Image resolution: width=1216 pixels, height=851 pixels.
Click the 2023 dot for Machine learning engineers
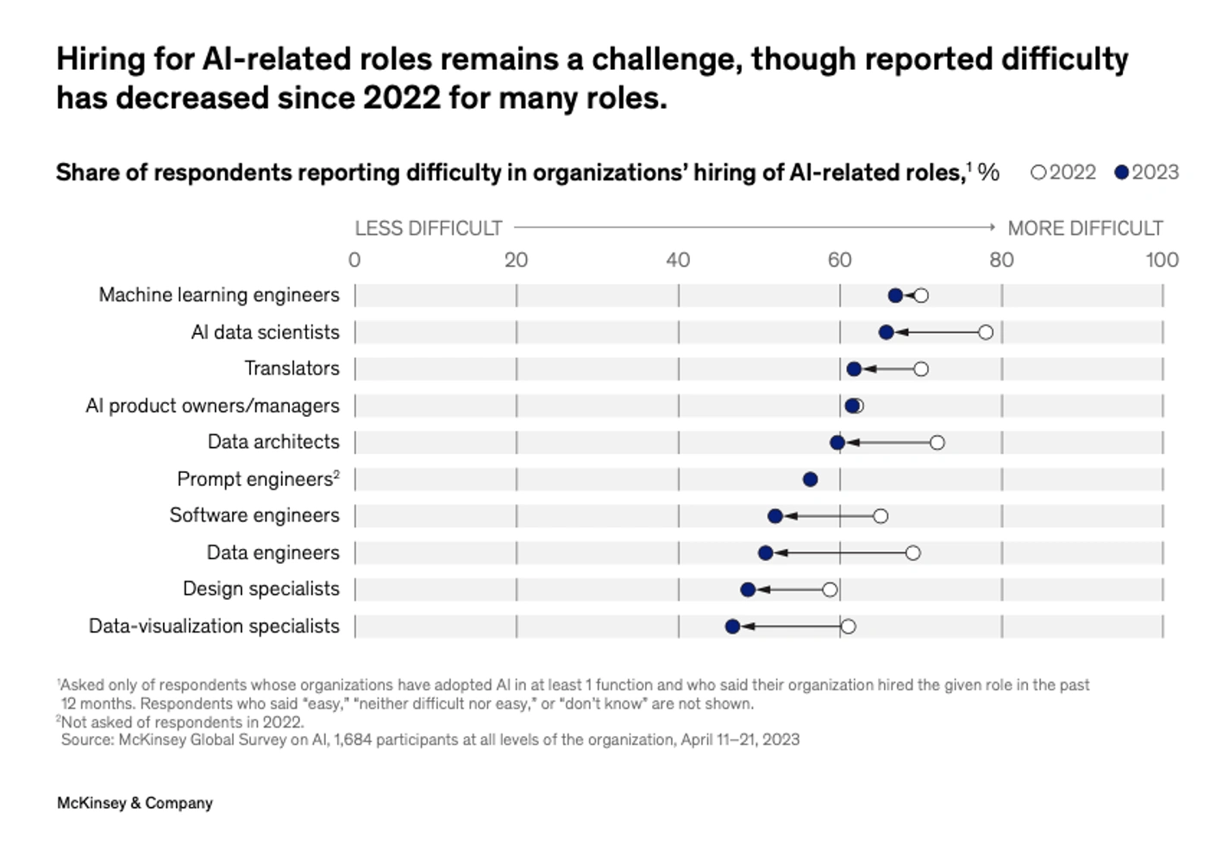tap(895, 296)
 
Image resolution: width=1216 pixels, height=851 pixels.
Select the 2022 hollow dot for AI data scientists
tap(986, 332)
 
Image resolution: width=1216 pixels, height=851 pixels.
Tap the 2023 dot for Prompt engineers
tap(810, 480)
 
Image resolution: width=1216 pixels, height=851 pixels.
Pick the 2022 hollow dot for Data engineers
tap(912, 553)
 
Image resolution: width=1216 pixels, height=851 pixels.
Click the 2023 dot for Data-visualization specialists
tap(732, 627)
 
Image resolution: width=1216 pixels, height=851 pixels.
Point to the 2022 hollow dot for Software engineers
tap(880, 516)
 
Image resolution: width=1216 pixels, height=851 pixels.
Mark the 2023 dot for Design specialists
tap(748, 589)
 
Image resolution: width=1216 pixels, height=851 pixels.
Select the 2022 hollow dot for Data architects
tap(937, 443)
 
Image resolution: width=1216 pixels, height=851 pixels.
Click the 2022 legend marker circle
tap(1038, 173)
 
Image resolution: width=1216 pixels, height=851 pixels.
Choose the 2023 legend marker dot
tap(1121, 173)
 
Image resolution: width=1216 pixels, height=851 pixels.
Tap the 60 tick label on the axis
tap(839, 260)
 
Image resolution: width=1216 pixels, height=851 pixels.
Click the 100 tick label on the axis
tap(1162, 260)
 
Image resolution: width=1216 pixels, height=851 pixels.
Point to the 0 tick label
tap(354, 260)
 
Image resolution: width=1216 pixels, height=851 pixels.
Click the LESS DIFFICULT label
tap(428, 229)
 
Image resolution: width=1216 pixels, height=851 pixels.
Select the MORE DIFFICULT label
tap(1085, 229)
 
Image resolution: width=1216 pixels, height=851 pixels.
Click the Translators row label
tap(291, 369)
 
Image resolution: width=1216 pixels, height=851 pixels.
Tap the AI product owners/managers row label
tap(212, 406)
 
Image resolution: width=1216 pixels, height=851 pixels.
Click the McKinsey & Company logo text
tap(135, 803)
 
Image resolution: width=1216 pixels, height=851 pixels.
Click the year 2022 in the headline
tap(402, 98)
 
